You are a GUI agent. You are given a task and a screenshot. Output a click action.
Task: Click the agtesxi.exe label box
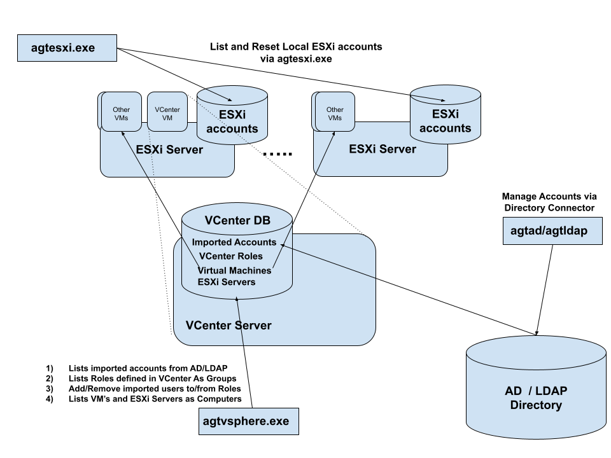[67, 48]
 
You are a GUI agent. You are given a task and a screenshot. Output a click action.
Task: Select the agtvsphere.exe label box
[248, 421]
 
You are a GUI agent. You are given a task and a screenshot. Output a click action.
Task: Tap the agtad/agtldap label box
[552, 231]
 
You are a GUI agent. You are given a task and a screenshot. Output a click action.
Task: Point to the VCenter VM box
[167, 113]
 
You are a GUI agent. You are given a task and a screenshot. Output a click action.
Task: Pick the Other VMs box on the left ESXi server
[121, 113]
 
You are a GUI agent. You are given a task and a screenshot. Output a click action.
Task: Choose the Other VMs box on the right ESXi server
[335, 113]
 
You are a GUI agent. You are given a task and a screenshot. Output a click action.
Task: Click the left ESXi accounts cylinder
[232, 121]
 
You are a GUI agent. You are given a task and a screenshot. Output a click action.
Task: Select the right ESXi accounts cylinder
[445, 121]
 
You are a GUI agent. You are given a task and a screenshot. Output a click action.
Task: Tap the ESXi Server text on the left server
[169, 150]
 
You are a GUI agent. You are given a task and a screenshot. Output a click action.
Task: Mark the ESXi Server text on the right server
[383, 149]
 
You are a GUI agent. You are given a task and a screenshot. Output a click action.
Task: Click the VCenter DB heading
[237, 221]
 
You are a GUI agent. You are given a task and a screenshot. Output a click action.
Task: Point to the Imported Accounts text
[234, 242]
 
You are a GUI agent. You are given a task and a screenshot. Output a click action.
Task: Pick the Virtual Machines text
[234, 270]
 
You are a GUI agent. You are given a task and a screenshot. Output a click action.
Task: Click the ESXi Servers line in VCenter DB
[226, 282]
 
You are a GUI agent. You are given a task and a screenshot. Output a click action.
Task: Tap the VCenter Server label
[228, 325]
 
